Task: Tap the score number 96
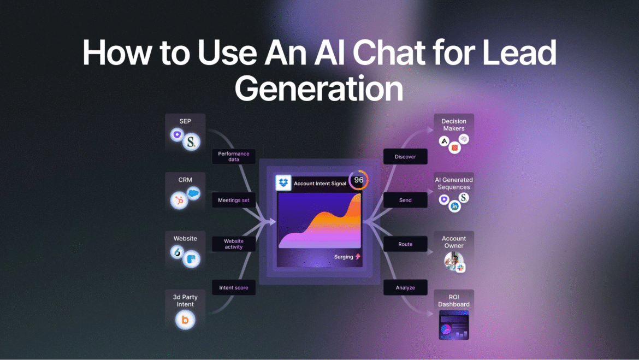pos(358,180)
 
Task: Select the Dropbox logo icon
pos(283,183)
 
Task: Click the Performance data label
pos(234,157)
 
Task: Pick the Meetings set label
pos(234,200)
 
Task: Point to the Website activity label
pos(234,244)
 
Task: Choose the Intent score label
pos(234,288)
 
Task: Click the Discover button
pos(405,157)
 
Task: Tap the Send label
pos(405,200)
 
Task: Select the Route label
pos(405,244)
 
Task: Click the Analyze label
pos(405,288)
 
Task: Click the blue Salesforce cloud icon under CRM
pos(193,193)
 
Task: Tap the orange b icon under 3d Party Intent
pos(185,320)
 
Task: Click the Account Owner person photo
pos(451,261)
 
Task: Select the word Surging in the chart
pos(344,257)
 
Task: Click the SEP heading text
pos(185,121)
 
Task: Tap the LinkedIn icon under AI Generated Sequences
pos(454,206)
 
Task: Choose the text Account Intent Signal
pos(320,184)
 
